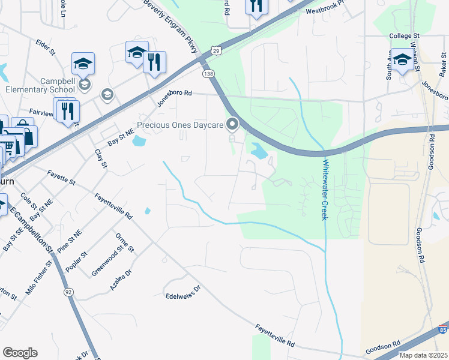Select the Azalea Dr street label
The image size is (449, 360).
(120, 279)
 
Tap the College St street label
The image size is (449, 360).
(404, 36)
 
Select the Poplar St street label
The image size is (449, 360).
(77, 262)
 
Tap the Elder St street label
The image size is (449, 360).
(46, 48)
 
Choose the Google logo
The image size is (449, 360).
(20, 353)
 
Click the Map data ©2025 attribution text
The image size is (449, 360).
(423, 355)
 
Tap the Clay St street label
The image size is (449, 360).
(101, 158)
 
